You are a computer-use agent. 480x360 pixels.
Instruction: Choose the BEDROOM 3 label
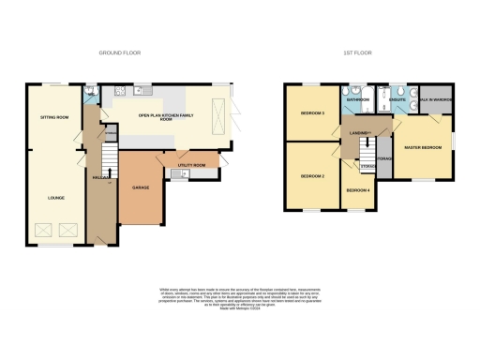pos(312,112)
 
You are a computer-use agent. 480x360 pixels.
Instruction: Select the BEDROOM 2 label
pos(312,176)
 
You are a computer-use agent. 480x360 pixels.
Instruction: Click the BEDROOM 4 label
pos(358,190)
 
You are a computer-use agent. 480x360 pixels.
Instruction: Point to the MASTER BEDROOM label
pos(423,147)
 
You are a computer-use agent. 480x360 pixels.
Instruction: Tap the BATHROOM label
pos(357,98)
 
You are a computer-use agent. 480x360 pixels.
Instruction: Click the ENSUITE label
pos(396,98)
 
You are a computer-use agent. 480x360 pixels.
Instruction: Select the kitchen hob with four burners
pos(121,91)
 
